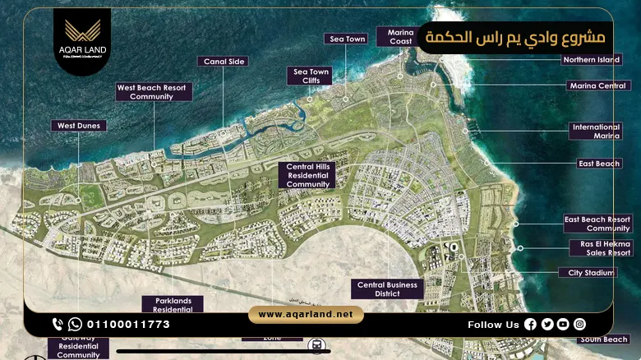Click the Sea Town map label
348,39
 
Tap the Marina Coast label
400,37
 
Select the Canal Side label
223,61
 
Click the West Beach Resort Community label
154,91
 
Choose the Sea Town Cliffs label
311,76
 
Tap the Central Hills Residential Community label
308,175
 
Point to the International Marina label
596,132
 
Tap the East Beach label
599,164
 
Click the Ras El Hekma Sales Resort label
600,248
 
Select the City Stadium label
587,272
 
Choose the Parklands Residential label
173,304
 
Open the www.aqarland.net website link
306,315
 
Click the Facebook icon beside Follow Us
530,325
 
